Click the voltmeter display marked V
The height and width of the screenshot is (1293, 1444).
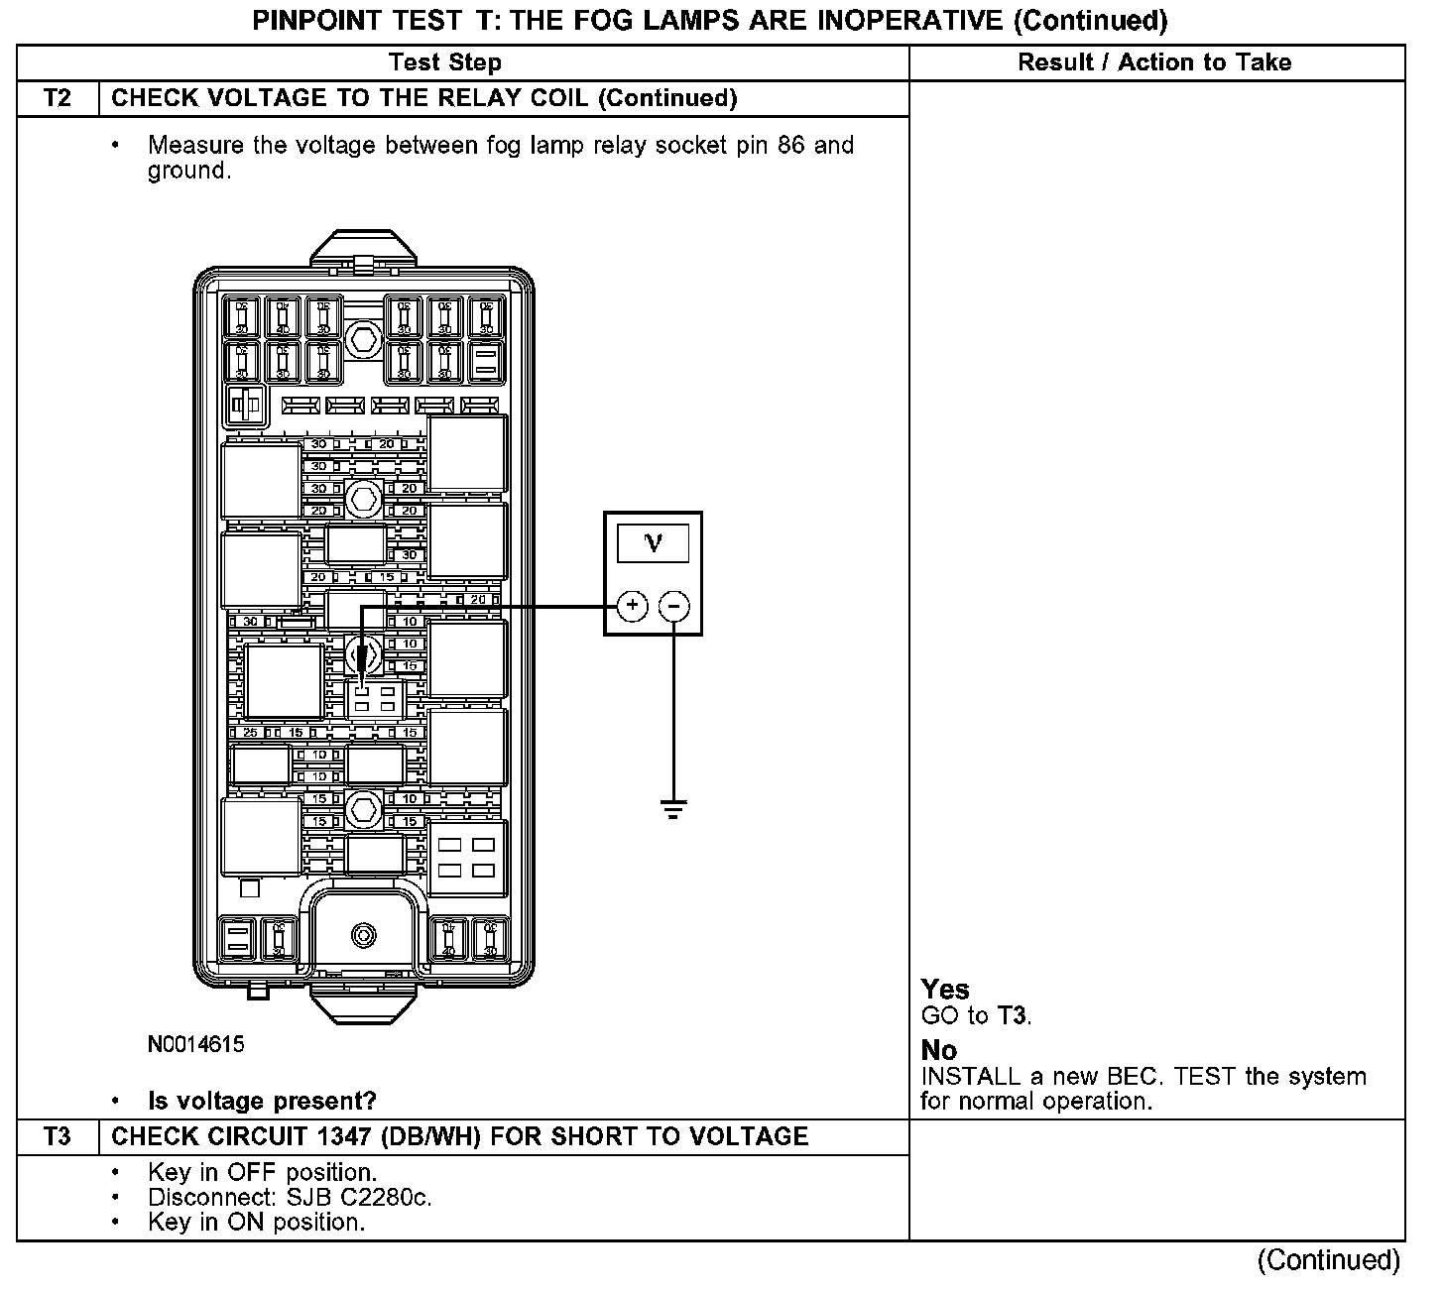tap(654, 542)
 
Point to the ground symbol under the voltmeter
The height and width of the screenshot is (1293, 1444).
tap(674, 810)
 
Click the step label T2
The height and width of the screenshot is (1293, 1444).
tap(59, 98)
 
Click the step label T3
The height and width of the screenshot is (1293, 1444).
tap(59, 1136)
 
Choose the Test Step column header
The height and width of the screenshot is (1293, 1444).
tap(445, 62)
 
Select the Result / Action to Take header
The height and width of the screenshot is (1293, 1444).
tap(1154, 62)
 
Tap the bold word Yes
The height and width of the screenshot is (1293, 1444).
tap(945, 989)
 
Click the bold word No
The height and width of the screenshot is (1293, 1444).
tap(938, 1050)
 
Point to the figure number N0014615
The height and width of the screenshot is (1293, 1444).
tap(196, 1044)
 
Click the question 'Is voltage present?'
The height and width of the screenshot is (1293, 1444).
tap(262, 1101)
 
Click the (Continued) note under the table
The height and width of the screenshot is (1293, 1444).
tap(1329, 1260)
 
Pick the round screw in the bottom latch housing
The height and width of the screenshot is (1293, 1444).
tap(364, 935)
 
